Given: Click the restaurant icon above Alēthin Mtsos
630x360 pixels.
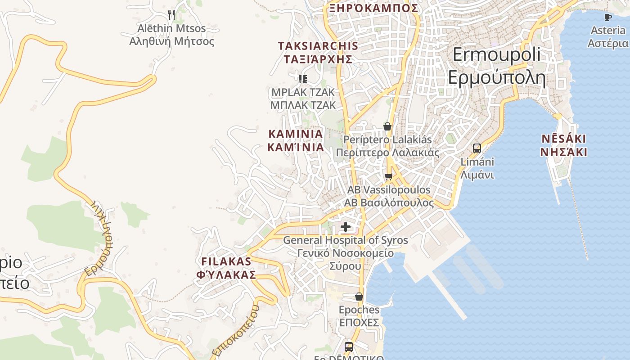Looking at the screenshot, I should (171, 15).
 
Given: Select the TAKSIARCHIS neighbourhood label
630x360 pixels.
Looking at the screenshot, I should (318, 52).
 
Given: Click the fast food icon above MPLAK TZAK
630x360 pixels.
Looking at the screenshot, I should (303, 79).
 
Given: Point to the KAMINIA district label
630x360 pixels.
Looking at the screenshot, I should (296, 140).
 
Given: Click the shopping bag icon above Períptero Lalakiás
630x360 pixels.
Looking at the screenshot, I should (387, 126).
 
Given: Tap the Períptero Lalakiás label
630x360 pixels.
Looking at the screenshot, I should (387, 146).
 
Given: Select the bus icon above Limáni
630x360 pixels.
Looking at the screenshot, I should (477, 148).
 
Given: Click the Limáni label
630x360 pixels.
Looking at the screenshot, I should (477, 168).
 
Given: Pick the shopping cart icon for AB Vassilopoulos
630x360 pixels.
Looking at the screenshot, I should (389, 176).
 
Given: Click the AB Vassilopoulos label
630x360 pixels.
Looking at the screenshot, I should (389, 196).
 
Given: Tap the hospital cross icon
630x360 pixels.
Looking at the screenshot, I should (345, 226).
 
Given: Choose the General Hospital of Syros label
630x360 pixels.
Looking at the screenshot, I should (345, 253).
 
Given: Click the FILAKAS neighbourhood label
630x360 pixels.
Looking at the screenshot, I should (226, 268).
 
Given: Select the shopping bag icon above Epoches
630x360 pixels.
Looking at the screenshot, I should (359, 297).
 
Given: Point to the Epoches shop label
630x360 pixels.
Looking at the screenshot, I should (359, 316).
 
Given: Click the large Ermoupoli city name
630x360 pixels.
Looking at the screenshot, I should (496, 66).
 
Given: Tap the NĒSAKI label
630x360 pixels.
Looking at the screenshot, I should (564, 145).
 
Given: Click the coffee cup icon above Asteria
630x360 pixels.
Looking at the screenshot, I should (608, 17).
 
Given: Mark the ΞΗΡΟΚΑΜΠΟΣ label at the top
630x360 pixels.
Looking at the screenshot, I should (373, 8).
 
